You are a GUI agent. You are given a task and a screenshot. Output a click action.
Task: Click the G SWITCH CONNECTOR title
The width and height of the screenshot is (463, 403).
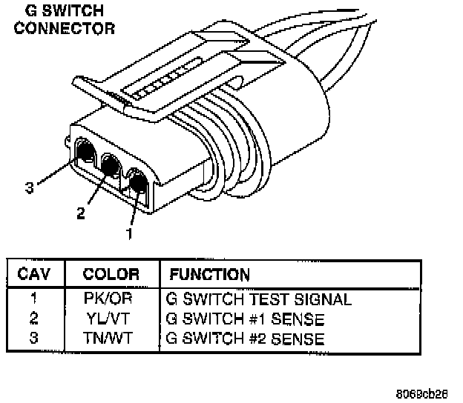pos(65,21)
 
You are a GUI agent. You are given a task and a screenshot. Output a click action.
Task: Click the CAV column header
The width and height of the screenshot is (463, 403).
pos(34,273)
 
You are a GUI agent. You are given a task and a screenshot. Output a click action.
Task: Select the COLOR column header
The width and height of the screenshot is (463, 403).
pos(111,273)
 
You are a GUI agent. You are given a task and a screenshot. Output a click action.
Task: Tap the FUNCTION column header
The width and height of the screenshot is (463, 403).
pos(210,273)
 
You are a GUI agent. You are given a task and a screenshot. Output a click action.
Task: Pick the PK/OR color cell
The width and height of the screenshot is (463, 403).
pos(111,301)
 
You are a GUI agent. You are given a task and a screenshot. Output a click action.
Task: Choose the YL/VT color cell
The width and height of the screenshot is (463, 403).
pos(111,320)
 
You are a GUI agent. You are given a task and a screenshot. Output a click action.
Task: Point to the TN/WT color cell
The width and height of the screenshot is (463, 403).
pos(111,339)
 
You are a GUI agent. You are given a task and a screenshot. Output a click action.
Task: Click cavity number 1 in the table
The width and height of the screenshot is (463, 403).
pos(34,301)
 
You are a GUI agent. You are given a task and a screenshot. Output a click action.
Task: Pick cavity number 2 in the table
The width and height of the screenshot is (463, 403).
pos(34,320)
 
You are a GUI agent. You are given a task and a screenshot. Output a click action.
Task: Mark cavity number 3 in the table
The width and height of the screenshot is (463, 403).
pos(34,339)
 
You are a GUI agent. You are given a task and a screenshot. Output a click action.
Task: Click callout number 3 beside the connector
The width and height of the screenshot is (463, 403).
pos(29,188)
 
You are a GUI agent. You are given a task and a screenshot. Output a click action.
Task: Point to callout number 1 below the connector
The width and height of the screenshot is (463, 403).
pos(129,233)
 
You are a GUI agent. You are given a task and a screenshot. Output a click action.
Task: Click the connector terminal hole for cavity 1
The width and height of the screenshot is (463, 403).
pos(137,181)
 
